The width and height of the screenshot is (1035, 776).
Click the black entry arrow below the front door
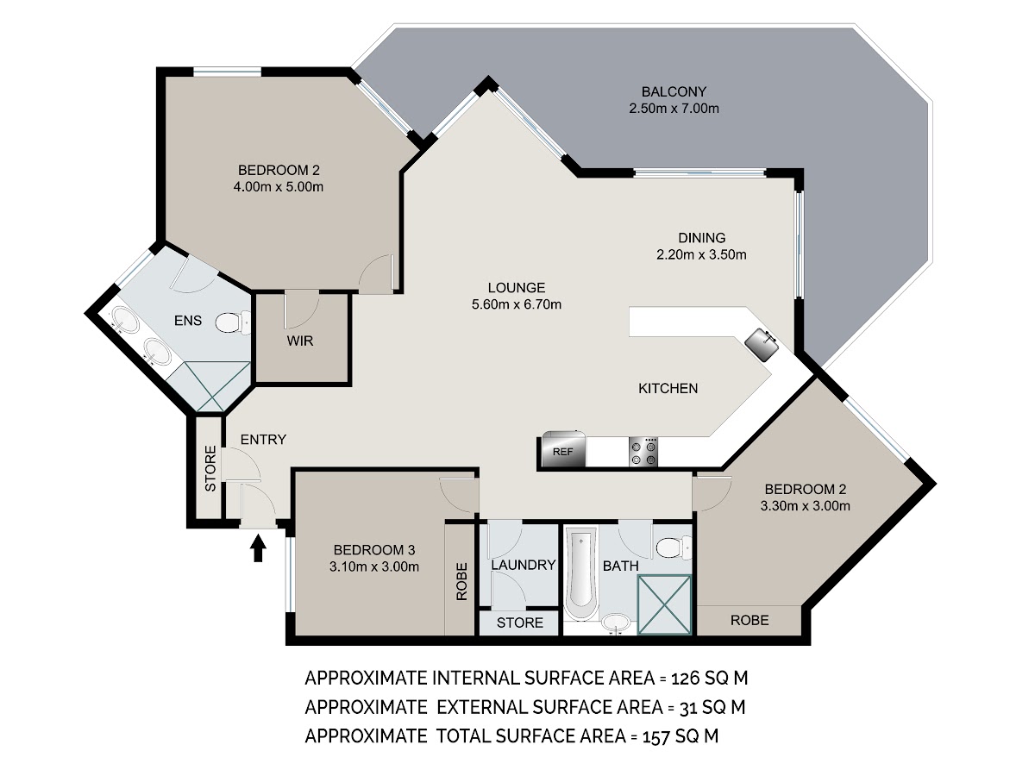pos(258,548)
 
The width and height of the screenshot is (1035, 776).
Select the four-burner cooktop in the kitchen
pos(643,452)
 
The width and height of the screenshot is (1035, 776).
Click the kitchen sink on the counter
pos(762,344)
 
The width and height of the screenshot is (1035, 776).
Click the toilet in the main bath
pos(674,548)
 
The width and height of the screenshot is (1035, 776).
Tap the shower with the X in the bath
pos(664,604)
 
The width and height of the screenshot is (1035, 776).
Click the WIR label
pos(300,341)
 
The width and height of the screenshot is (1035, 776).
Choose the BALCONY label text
pos(674,91)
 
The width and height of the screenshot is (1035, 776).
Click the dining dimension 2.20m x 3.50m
pos(701,255)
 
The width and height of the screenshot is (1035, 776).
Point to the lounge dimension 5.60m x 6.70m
pos(517,304)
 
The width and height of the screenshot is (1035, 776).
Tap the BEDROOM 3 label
pos(374,550)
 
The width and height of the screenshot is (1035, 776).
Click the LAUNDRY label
pos(524,565)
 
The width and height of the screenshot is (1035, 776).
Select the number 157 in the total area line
pos(656,736)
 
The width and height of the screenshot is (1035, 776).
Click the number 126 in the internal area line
pos(685,679)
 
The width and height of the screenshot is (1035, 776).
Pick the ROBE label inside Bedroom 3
pos(461,581)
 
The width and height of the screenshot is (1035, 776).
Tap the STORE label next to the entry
pos(210,468)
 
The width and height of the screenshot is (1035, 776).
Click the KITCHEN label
pos(668,388)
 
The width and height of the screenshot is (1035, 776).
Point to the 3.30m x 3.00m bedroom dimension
pos(805,506)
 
